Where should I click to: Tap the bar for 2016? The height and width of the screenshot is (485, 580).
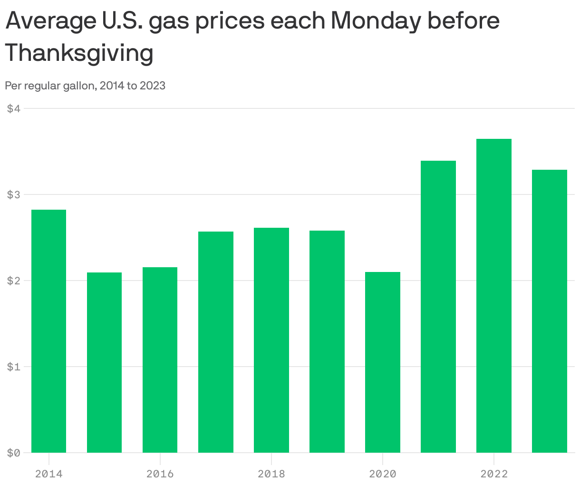(160, 359)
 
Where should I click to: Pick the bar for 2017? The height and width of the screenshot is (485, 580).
(216, 342)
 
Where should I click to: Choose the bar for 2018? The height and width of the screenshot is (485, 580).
(271, 340)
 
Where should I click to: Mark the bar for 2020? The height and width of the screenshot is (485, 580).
(383, 362)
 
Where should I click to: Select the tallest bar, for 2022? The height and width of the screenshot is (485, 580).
(494, 295)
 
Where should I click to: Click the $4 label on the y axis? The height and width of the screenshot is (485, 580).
(14, 108)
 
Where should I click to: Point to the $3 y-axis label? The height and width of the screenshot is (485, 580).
(14, 194)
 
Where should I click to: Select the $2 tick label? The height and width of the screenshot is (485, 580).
(14, 281)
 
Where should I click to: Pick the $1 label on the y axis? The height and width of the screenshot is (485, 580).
(14, 367)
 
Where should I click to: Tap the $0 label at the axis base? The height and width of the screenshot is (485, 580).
(14, 453)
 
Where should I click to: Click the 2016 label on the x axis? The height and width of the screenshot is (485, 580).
(160, 474)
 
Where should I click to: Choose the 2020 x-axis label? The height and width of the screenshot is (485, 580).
(383, 474)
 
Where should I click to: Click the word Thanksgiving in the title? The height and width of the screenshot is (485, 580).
(79, 53)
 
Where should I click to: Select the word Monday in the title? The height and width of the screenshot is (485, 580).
(375, 21)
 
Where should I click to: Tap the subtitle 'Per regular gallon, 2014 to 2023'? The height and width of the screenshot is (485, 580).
(85, 86)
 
